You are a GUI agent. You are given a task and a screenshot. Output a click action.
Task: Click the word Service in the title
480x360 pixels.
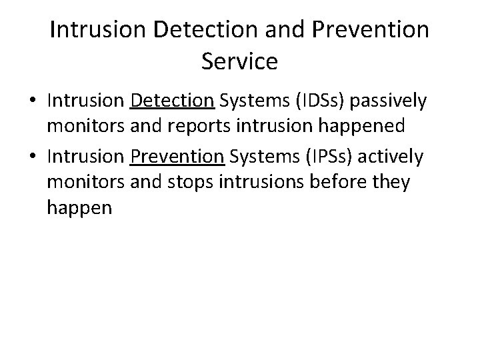[x=239, y=61]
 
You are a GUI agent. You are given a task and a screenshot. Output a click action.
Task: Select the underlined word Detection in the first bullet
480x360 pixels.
[x=173, y=101]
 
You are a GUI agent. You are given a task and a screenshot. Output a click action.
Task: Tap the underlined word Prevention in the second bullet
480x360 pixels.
[x=177, y=157]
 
